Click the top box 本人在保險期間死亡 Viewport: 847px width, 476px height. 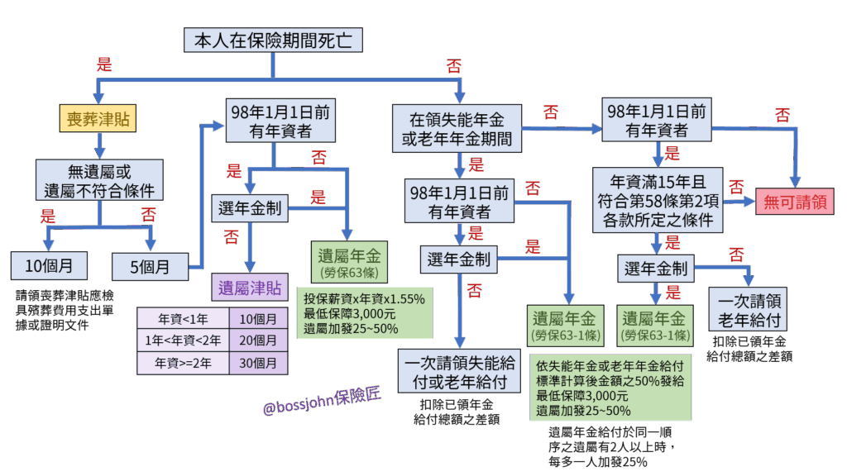(272, 40)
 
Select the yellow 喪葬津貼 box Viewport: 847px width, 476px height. (98, 120)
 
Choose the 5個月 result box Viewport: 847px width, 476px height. (151, 266)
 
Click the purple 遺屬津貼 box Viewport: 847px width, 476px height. (249, 288)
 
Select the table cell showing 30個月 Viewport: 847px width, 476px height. (258, 362)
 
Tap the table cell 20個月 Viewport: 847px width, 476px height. (258, 340)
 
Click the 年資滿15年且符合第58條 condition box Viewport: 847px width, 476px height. (658, 200)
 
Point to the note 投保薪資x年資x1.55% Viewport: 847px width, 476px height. (364, 298)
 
